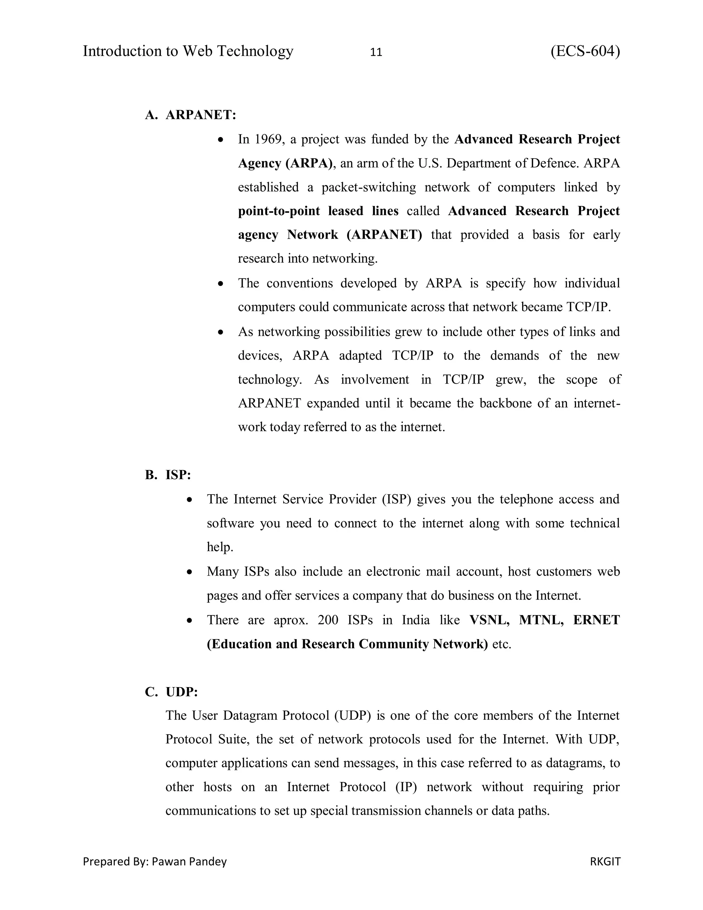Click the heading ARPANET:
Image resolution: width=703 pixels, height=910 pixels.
tap(201, 115)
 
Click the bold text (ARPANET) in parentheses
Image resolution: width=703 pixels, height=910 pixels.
tap(384, 235)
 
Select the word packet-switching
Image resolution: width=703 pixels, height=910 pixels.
tap(369, 187)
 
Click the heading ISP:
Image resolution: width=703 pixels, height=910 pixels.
tap(178, 475)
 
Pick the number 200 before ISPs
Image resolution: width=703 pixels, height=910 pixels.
tap(328, 619)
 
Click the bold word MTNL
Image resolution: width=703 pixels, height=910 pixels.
tap(541, 619)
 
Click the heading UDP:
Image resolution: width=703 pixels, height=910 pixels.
tap(182, 692)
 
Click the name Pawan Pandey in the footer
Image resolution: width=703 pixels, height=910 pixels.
tap(189, 861)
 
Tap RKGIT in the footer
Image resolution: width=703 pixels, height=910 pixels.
tap(605, 861)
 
